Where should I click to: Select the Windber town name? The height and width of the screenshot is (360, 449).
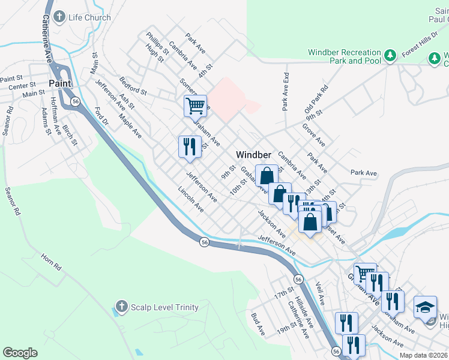tap(254, 154)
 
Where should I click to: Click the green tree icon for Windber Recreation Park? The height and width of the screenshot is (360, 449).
tap(390, 55)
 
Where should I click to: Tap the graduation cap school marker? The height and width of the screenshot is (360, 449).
tap(425, 307)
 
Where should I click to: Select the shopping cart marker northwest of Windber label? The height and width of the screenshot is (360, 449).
tap(195, 106)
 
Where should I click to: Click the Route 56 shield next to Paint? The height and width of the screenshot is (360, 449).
tap(74, 102)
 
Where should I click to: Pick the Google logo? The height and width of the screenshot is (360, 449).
tap(20, 353)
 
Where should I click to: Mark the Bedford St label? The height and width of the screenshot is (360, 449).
tap(133, 86)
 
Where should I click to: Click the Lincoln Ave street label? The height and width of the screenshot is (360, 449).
tap(190, 199)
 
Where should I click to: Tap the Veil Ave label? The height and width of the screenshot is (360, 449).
tap(320, 293)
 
